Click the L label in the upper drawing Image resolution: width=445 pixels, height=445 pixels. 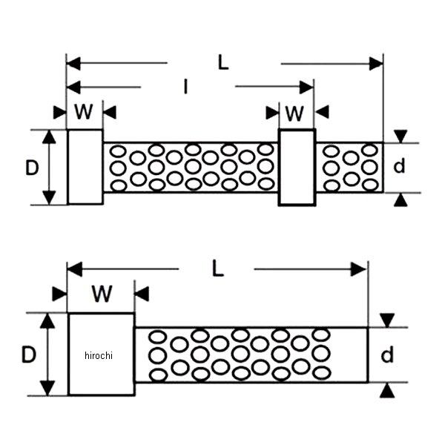[x=223, y=63]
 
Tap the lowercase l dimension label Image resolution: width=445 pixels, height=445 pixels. [x=186, y=88]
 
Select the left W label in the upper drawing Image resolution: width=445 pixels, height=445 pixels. [x=85, y=112]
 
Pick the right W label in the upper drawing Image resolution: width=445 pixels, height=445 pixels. [x=295, y=113]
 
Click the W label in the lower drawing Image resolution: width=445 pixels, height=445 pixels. [x=102, y=294]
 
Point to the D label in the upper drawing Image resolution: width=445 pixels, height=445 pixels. [x=31, y=168]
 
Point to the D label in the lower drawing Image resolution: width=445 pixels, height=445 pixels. [x=28, y=355]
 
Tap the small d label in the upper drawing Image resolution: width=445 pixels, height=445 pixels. [x=400, y=167]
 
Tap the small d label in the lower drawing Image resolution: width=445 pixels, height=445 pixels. [x=387, y=356]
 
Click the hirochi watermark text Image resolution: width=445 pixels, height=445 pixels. [x=98, y=356]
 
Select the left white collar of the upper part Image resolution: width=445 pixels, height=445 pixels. [x=85, y=167]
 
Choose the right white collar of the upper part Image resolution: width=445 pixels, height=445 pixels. [x=297, y=167]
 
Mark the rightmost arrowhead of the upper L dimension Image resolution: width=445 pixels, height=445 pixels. [x=376, y=64]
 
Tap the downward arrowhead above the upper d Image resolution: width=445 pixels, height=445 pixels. [x=400, y=136]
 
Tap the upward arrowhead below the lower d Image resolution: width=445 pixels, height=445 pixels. [x=387, y=390]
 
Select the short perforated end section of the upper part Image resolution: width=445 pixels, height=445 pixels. [x=349, y=168]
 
